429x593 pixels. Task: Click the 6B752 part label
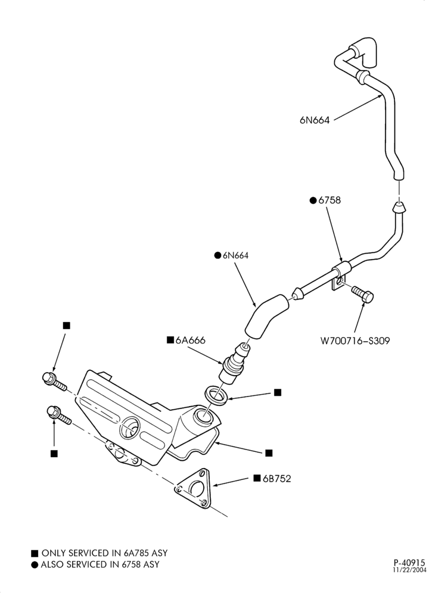tap(277, 479)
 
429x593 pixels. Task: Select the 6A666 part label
tap(191, 340)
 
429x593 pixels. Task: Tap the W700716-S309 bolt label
tap(355, 341)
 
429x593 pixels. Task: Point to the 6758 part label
tap(329, 200)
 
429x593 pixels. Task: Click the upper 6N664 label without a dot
tap(315, 120)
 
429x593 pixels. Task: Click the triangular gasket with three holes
tap(193, 488)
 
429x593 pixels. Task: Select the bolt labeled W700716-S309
tap(363, 294)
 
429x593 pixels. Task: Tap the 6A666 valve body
tap(234, 364)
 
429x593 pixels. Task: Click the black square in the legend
tap(35, 554)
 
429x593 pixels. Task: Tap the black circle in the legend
tap(35, 565)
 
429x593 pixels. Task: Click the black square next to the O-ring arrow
tap(278, 392)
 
